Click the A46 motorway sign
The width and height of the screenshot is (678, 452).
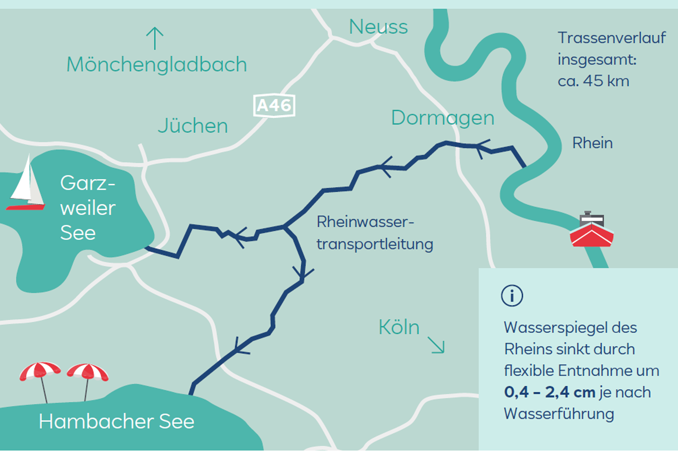click(274, 105)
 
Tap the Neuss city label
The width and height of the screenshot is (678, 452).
click(378, 27)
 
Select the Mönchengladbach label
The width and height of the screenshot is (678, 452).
click(156, 65)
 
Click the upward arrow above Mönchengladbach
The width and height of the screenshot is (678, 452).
click(155, 38)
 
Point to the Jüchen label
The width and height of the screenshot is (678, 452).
click(193, 126)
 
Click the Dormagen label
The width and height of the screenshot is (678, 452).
click(442, 118)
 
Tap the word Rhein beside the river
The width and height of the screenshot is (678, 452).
click(592, 143)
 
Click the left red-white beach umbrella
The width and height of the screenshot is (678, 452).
click(40, 371)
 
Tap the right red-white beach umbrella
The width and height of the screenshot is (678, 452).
click(88, 372)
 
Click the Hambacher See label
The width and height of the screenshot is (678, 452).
click(117, 421)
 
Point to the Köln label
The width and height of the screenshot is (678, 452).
click(399, 327)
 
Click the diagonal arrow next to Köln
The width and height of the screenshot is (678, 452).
click(436, 345)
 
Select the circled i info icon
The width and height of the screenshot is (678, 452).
click(512, 296)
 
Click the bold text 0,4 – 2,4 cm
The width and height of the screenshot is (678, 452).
click(550, 392)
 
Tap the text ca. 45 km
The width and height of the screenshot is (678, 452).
click(593, 81)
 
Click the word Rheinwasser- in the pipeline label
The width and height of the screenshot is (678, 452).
click(365, 222)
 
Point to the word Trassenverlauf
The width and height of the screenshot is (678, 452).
click(611, 38)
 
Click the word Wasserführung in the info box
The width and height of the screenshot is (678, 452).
click(559, 414)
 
